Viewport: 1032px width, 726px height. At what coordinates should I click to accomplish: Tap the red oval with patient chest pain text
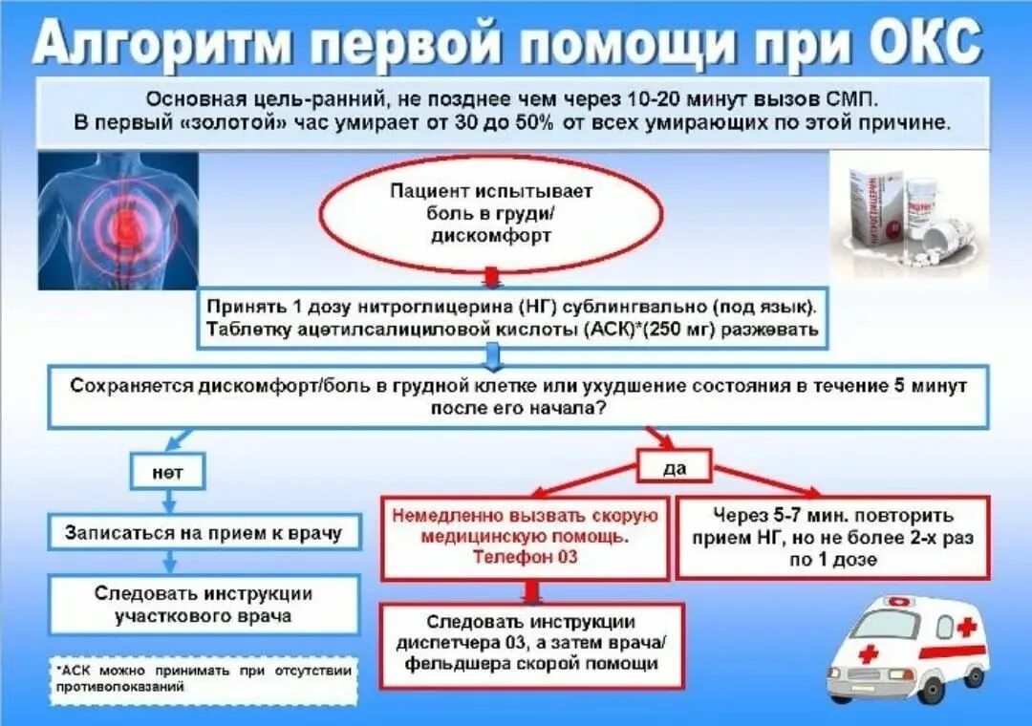[490, 213]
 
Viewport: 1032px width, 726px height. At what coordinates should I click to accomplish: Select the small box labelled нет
[167, 472]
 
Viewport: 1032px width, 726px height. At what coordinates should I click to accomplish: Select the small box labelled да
[675, 467]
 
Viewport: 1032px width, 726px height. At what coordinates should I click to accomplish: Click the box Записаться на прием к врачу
[204, 532]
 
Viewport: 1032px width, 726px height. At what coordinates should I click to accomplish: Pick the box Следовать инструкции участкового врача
[205, 604]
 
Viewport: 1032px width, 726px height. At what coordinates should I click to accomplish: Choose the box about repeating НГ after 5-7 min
[833, 537]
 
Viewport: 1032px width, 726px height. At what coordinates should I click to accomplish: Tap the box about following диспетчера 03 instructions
[532, 644]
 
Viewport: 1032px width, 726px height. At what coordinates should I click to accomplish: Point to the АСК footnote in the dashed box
[204, 678]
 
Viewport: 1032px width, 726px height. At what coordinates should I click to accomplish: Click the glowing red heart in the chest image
[125, 226]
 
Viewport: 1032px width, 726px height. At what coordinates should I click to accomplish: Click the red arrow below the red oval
[491, 278]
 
